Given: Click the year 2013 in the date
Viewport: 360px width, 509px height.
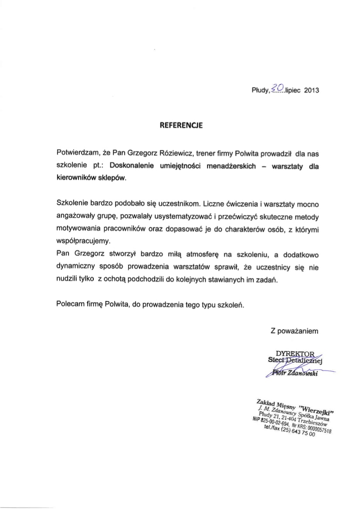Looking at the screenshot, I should [x=312, y=91].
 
